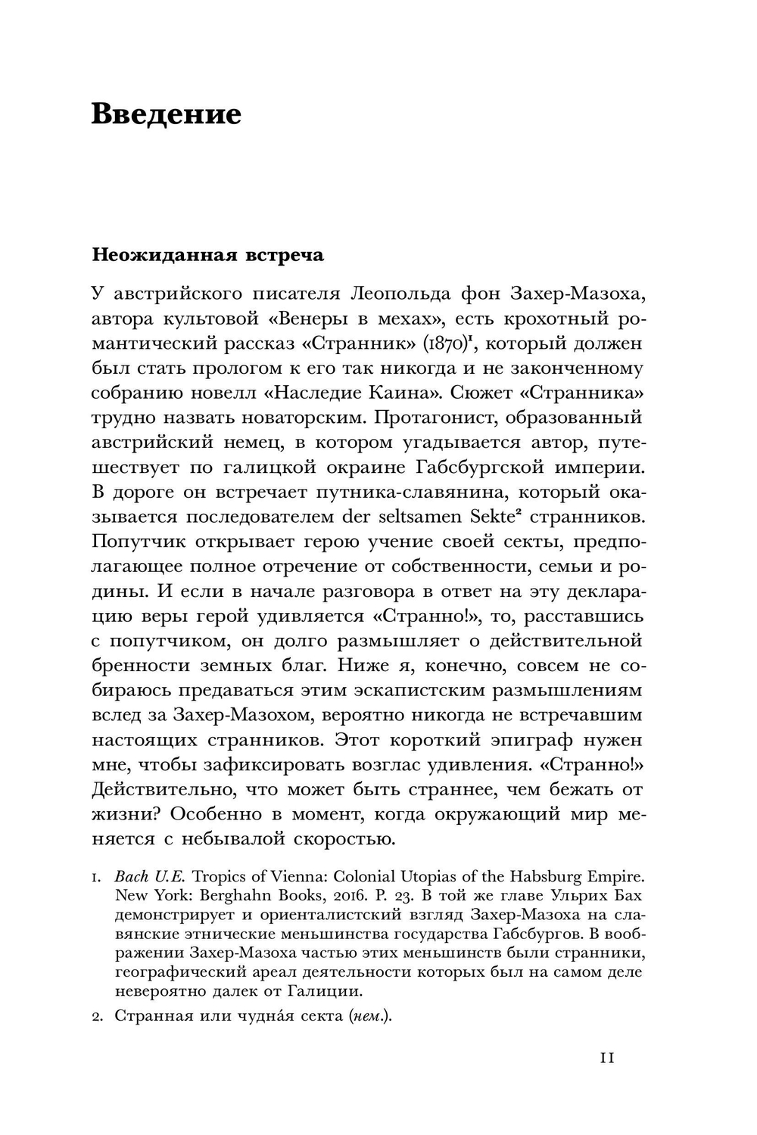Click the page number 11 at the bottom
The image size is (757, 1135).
point(607,1058)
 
